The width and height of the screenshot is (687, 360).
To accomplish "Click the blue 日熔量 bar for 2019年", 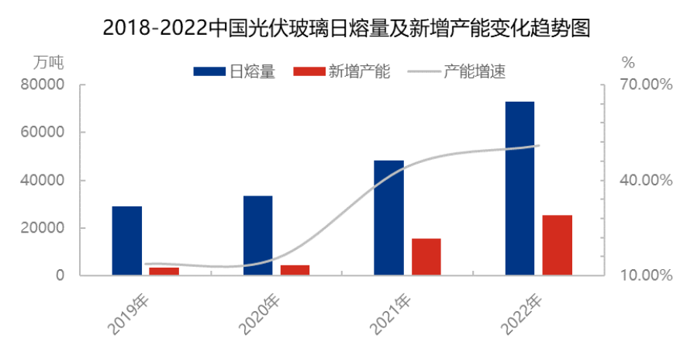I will (127, 241).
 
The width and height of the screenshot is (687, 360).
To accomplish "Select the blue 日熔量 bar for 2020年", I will (257, 235).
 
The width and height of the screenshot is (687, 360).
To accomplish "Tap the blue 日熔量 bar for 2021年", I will (388, 217).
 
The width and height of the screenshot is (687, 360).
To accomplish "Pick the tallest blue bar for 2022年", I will (520, 188).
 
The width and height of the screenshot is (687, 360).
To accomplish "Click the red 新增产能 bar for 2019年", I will (164, 271).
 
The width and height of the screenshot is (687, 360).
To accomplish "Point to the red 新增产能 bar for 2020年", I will (295, 270).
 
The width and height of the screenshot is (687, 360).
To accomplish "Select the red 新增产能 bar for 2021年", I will (426, 257).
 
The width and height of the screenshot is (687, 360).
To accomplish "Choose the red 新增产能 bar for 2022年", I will (557, 244).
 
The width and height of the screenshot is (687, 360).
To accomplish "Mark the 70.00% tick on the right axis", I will (645, 85).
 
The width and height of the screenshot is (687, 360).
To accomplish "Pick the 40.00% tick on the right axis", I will (645, 180).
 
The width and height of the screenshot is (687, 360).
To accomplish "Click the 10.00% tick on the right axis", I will (645, 275).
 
